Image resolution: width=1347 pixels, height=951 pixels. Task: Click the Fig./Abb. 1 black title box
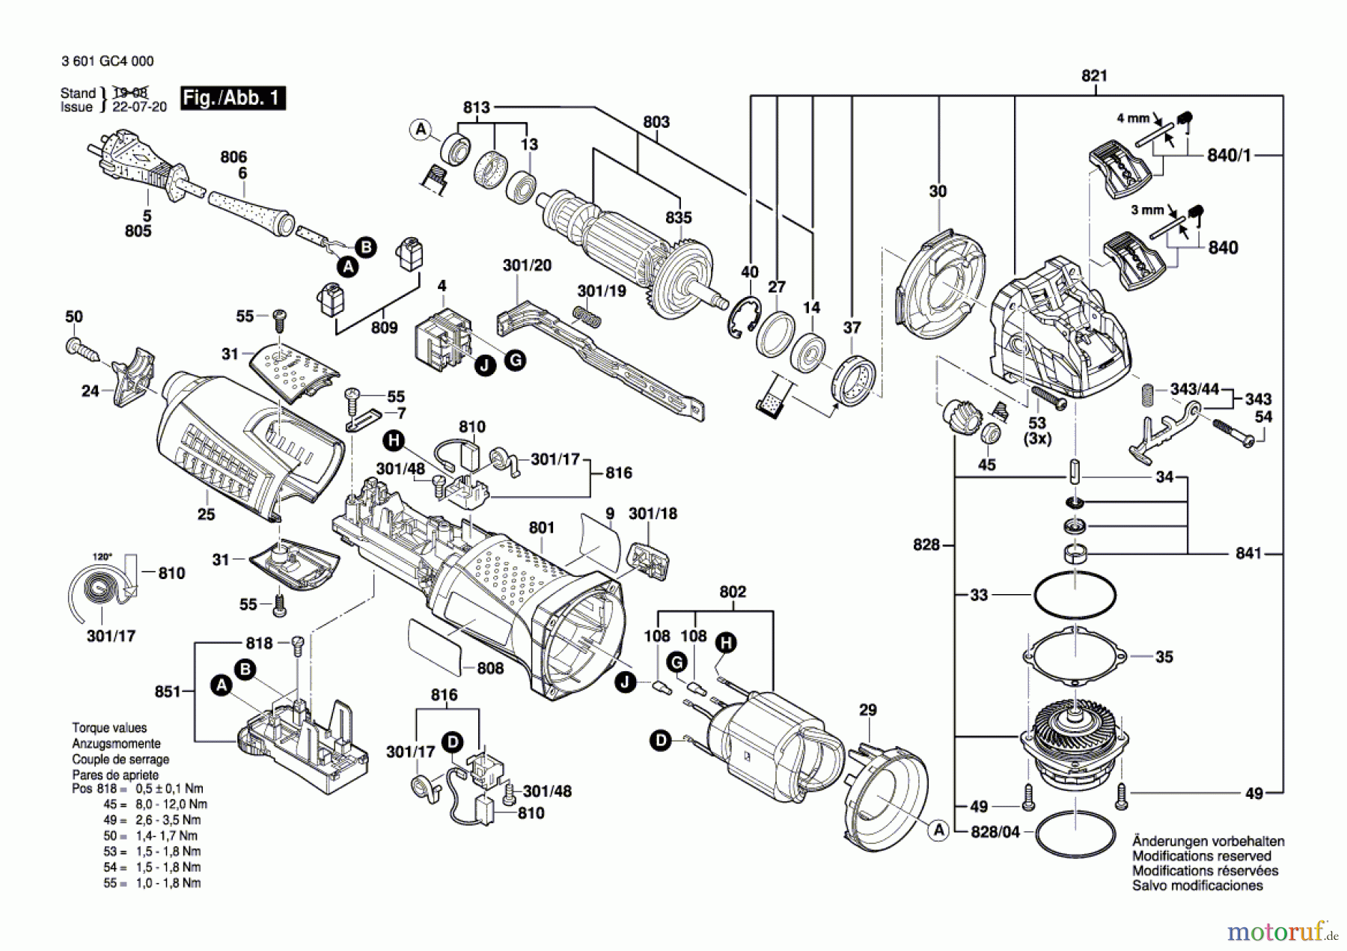233,98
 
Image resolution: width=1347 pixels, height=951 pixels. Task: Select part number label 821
1094,76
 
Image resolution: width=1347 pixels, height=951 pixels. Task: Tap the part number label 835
679,218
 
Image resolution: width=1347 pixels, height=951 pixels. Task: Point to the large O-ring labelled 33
1075,596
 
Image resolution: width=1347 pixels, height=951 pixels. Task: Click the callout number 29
867,709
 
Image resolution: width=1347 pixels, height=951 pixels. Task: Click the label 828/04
995,832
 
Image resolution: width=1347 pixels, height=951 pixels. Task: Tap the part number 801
541,528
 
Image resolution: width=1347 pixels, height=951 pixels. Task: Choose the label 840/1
1229,156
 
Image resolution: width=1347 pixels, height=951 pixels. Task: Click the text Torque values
109,728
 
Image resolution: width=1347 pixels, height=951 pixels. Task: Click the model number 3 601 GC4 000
108,61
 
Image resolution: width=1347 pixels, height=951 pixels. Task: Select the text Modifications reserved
1201,856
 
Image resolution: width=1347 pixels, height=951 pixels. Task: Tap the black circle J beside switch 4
486,365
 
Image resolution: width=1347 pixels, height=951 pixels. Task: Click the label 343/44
1194,389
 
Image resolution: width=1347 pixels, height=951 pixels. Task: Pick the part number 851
168,692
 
